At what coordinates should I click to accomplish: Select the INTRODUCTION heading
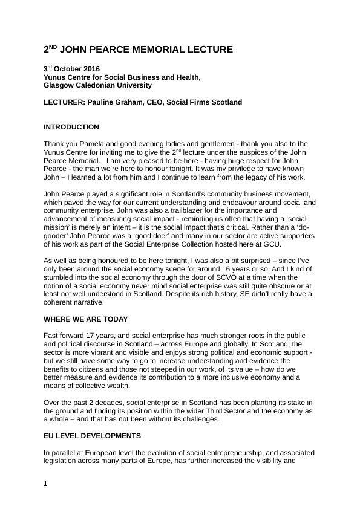(x=71, y=128)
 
